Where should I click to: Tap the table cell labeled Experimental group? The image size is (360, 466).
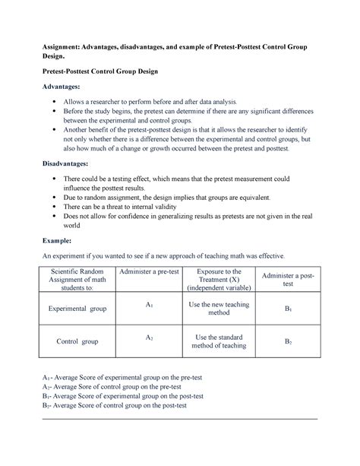pos(77,310)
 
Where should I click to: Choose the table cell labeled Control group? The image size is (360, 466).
pos(77,342)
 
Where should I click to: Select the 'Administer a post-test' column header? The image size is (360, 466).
pos(288,279)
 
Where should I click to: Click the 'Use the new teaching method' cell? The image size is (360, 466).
pos(219,310)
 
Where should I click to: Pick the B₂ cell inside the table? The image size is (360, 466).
pos(288,342)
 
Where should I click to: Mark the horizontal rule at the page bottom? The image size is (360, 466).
pos(180,419)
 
